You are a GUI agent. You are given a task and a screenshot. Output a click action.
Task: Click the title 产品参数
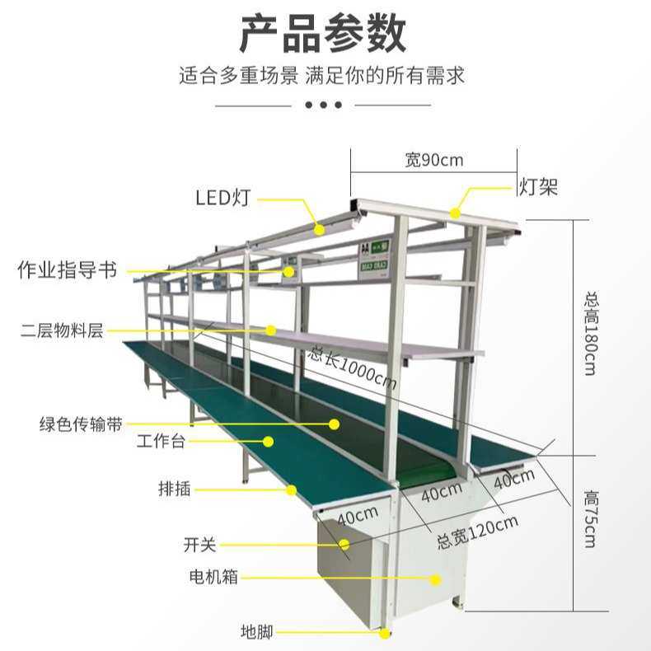point(323,35)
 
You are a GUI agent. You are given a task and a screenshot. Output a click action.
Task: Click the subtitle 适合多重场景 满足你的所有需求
point(323,77)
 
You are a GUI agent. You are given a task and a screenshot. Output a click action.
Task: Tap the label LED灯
point(222,198)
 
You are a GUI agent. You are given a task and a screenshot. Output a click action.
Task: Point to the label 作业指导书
point(67,270)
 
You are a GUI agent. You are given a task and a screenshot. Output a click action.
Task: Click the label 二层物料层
point(62,331)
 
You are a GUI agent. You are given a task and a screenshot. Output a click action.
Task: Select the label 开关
point(199,545)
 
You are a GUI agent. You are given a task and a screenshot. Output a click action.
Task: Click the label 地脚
point(256,633)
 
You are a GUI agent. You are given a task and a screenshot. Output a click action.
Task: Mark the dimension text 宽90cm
point(433,160)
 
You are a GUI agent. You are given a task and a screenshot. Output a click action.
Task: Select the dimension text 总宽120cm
point(477,532)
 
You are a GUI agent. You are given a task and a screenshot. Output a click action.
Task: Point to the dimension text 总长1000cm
point(353,368)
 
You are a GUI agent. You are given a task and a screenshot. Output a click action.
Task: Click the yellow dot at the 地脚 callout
point(385,633)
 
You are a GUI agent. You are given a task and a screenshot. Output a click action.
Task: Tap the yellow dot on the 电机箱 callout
point(437,579)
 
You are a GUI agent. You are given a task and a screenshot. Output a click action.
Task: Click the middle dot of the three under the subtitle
point(323,105)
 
